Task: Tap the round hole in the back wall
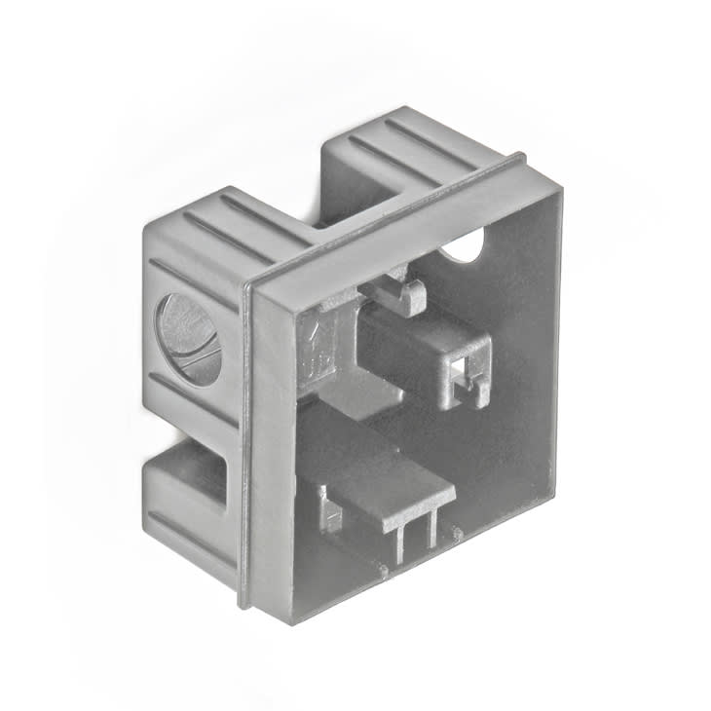point(466,245)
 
